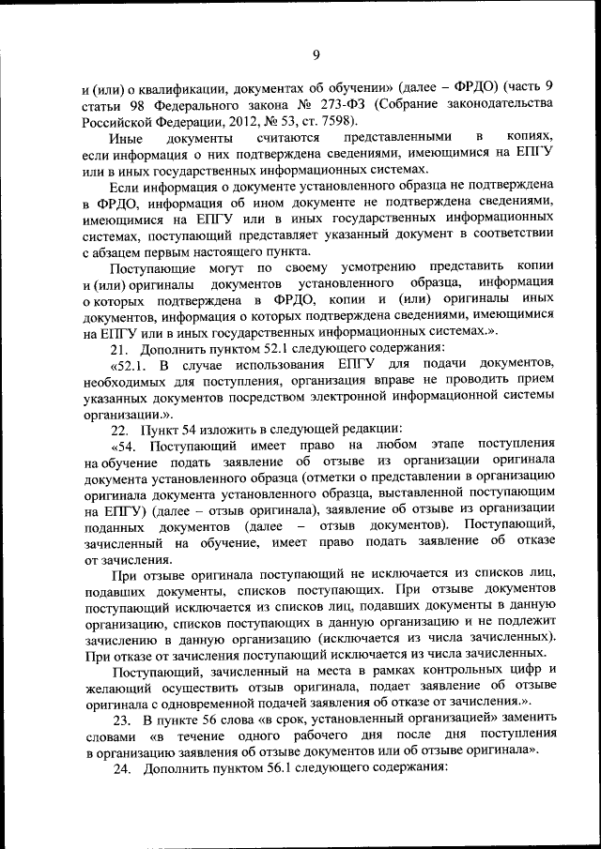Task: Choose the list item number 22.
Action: [120, 429]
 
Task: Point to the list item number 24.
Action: [120, 767]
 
